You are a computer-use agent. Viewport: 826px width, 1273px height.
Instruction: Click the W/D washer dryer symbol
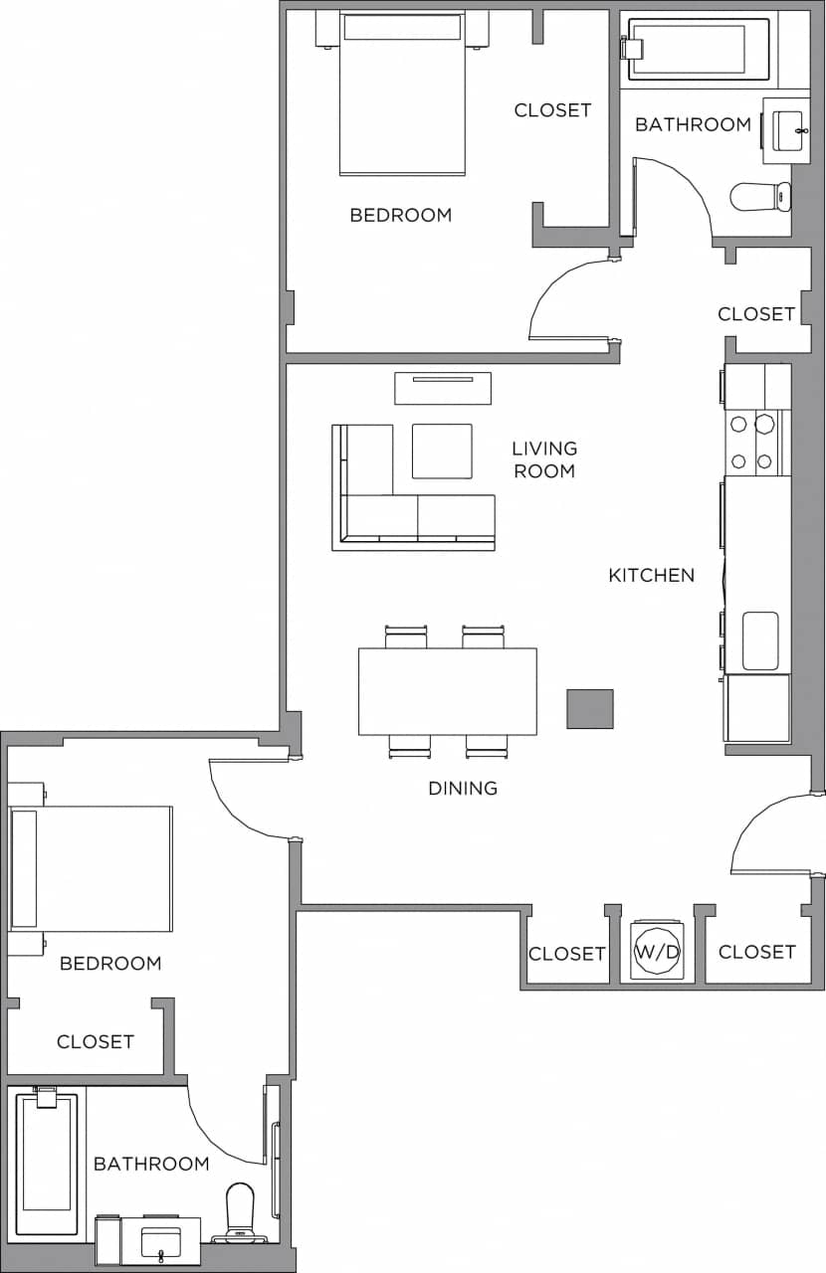657,952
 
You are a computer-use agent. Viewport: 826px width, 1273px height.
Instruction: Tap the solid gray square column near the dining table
590,708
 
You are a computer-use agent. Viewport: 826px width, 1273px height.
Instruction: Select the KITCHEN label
651,575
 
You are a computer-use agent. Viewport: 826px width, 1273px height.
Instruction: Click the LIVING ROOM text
544,459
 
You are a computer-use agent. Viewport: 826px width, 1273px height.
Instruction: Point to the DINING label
463,789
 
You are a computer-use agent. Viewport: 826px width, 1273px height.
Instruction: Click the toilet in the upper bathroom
760,197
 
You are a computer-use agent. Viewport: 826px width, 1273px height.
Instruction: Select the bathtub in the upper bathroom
699,49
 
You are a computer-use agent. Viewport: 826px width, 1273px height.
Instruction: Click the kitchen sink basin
760,640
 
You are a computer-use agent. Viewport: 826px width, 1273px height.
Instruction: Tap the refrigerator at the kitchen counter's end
757,708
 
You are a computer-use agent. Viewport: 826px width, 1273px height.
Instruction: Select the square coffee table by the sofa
442,452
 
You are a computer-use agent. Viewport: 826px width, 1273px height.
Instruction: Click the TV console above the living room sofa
443,388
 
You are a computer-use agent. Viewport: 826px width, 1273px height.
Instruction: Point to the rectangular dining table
447,691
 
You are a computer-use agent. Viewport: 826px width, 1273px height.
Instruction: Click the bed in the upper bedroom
402,94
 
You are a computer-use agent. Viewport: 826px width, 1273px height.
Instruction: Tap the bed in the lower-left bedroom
92,868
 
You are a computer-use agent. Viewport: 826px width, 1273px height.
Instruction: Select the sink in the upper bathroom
785,130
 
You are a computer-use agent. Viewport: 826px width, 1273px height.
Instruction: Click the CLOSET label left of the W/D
567,954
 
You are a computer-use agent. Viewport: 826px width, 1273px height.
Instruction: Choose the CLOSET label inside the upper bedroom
552,110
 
